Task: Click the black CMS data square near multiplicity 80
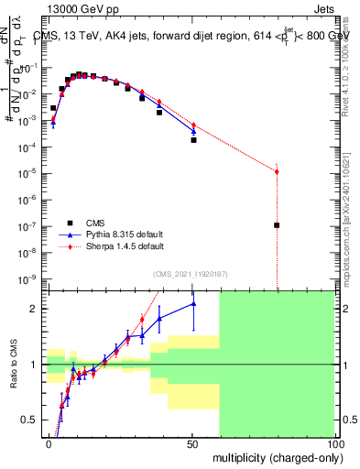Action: pyautogui.click(x=277, y=224)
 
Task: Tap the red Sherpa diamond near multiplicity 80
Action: pyautogui.click(x=277, y=172)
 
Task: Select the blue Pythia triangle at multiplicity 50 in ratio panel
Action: pyautogui.click(x=193, y=304)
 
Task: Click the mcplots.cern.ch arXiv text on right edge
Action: pyautogui.click(x=352, y=211)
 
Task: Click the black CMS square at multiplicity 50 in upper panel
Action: pyautogui.click(x=193, y=140)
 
